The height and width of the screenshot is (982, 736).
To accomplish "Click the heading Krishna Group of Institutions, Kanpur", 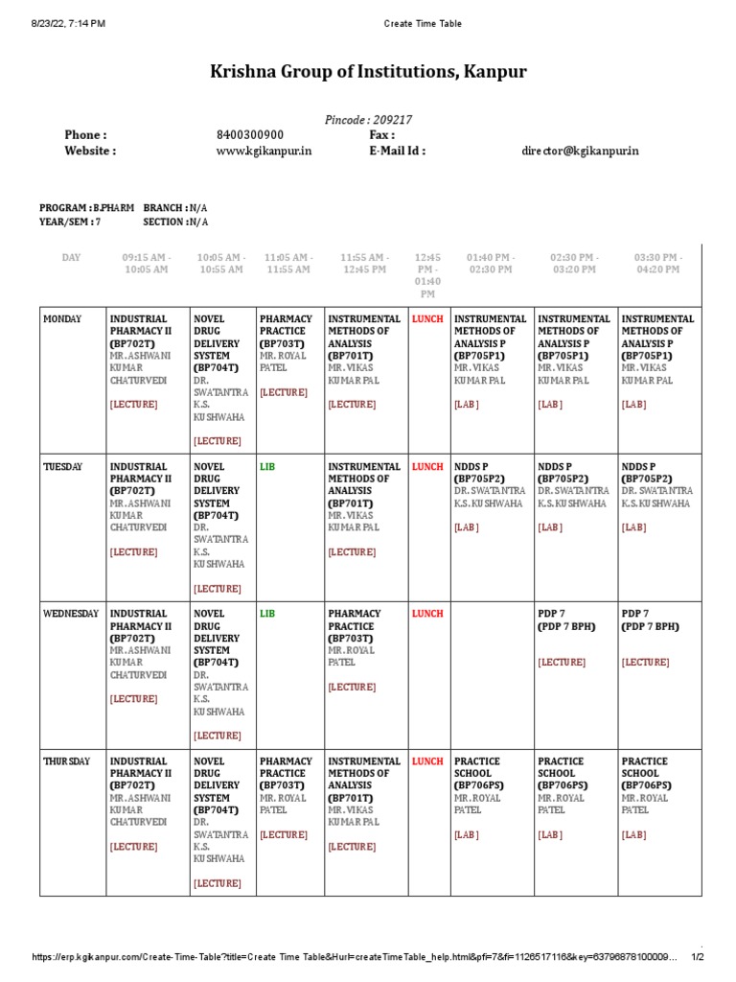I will (368, 73).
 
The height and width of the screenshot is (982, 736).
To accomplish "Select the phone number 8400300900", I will (250, 135).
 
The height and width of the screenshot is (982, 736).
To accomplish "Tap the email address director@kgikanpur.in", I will (580, 151).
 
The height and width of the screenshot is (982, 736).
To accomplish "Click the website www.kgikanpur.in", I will (264, 151).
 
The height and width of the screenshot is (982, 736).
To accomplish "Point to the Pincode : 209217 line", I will (368, 120).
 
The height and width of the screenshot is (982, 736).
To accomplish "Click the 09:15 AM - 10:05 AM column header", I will (147, 264).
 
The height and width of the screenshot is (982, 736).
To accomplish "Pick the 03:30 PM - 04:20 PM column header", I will (656, 264).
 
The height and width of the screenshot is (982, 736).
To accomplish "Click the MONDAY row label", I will (62, 319).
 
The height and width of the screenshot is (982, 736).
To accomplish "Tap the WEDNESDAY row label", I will (70, 614).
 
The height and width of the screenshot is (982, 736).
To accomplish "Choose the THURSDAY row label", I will (66, 761).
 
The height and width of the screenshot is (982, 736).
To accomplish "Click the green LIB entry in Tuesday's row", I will (266, 467).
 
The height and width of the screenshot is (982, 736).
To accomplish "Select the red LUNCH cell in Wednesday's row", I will (427, 614).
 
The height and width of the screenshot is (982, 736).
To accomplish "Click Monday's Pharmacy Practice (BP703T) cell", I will (285, 355).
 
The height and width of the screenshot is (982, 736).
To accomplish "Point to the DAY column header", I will (72, 258).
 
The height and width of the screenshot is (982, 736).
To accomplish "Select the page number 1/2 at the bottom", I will (698, 957).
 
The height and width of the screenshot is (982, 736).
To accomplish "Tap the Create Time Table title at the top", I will (423, 23).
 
